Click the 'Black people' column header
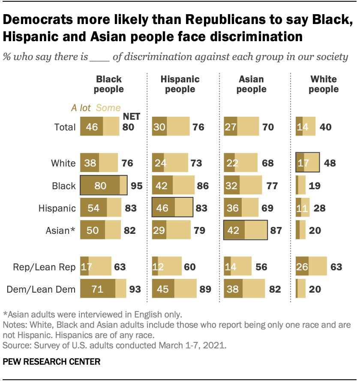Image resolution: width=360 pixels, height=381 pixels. pos(109,84)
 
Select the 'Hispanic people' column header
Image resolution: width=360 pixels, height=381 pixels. pos(180,84)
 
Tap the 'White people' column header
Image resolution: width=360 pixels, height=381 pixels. pos(324,84)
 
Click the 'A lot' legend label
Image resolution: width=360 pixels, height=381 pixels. pos(81,108)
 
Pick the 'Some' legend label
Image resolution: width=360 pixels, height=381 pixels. pos(109,108)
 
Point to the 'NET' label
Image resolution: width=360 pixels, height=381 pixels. pos(132,116)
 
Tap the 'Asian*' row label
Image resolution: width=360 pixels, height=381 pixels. pos(61,230)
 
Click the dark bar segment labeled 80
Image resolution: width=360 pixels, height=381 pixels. pos(100,186)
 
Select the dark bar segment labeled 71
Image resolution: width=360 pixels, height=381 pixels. pos(98,289)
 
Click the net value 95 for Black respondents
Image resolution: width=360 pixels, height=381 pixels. pos(136,186)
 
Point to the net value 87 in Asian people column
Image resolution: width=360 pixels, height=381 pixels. pos(276,230)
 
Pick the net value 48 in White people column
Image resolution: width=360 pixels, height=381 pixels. pos(330,163)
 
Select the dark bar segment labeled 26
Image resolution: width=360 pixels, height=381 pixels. pos(302,267)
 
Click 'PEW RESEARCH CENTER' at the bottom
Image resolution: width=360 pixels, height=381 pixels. pos(51,362)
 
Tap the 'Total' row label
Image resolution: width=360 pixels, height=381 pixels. pos(65,127)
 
